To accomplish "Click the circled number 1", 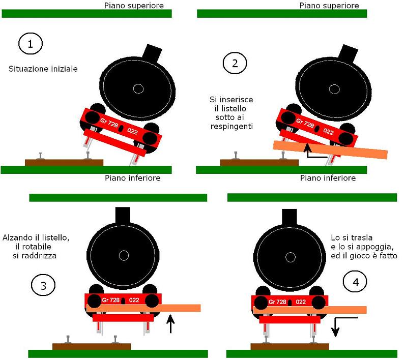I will point(31,44).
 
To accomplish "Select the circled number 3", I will point(43,286).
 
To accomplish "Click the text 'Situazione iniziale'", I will point(43,68).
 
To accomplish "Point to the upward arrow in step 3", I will point(170,324).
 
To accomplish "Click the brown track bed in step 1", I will point(64,162).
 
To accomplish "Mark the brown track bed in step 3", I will point(92,346).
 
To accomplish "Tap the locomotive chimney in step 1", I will point(152,51).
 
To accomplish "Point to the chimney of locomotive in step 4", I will point(290,216).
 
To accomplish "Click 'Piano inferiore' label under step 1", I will point(133,178).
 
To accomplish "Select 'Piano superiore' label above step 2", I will point(329,6).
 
